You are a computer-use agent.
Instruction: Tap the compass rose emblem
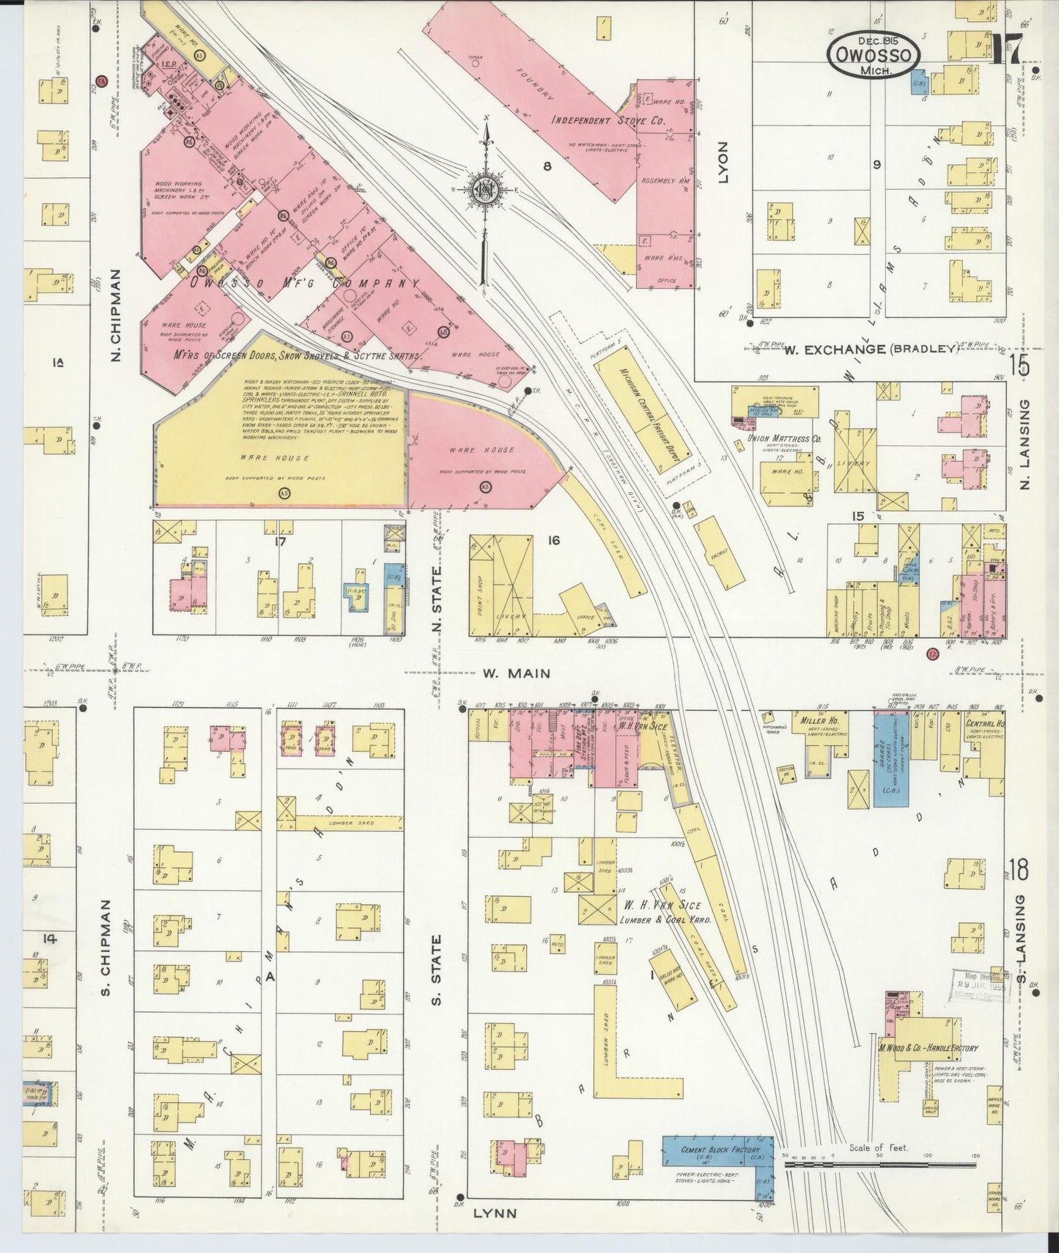click(x=484, y=188)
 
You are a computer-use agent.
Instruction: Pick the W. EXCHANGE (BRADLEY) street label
click(x=871, y=350)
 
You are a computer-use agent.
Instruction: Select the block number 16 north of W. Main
click(x=553, y=540)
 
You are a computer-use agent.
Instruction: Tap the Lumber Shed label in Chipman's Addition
click(x=355, y=823)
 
